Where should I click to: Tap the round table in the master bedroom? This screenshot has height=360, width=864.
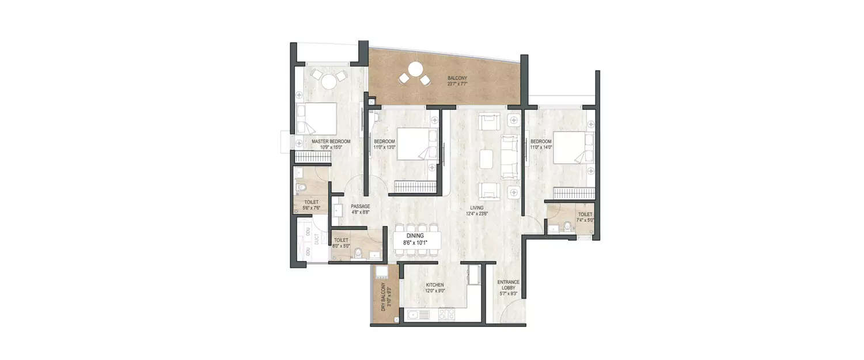328,82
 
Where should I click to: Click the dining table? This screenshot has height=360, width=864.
418,240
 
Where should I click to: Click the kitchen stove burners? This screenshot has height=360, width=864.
447,314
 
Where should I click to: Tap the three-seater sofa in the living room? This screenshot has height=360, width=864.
510,157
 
